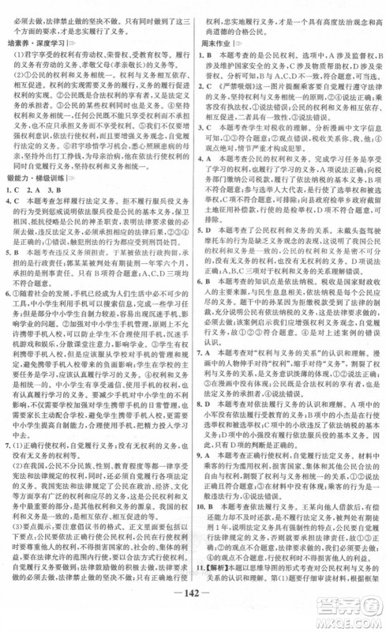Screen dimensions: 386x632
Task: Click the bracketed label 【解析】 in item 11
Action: [x=215, y=592]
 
